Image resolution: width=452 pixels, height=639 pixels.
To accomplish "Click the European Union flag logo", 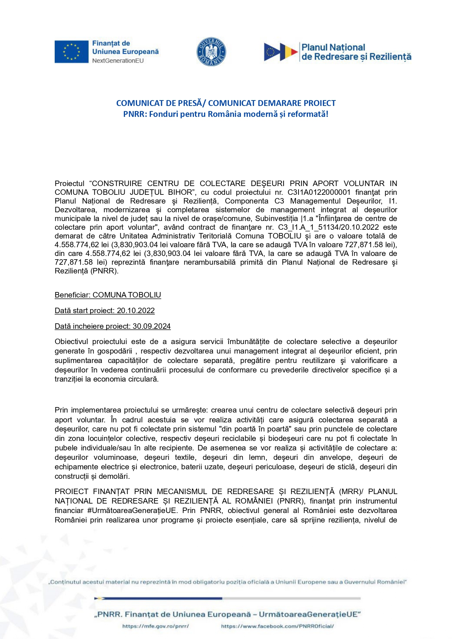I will (71, 52).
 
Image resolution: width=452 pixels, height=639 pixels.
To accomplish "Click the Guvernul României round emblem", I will (211, 52).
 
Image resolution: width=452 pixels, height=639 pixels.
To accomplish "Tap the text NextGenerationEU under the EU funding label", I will (118, 61).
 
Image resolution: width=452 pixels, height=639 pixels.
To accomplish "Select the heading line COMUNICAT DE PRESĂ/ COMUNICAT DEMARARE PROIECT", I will (226, 103).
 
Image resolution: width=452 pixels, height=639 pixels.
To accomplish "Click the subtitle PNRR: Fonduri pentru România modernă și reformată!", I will (226, 114).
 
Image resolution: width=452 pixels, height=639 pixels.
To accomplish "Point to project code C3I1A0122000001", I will (319, 192).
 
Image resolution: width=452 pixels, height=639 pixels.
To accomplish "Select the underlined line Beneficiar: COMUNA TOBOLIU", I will (108, 295).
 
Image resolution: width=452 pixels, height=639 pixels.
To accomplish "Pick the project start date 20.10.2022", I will (136, 311).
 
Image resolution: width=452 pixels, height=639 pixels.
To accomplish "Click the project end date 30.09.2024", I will (152, 326).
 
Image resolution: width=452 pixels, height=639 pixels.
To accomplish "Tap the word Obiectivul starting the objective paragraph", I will (70, 342).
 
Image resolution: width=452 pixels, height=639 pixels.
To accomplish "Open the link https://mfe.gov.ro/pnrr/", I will (156, 626).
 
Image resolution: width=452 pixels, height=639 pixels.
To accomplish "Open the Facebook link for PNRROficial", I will (277, 626).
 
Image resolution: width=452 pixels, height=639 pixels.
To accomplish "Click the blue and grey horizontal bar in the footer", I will (227, 598).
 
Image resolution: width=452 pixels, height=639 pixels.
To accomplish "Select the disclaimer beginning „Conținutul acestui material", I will (227, 582).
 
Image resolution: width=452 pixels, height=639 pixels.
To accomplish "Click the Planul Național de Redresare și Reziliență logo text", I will (356, 52).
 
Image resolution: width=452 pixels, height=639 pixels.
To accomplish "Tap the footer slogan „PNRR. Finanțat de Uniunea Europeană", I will (227, 614).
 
